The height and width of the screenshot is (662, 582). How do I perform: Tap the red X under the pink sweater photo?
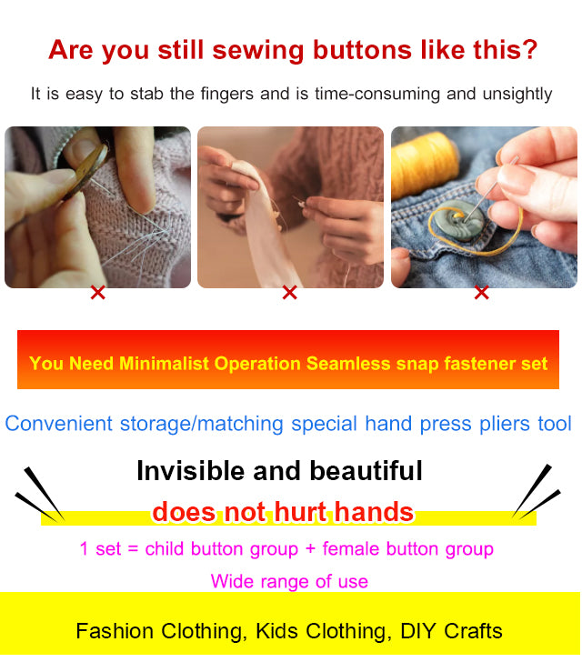point(97,293)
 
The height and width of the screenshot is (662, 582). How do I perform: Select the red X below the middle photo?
point(289,293)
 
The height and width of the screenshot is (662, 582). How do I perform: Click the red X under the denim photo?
point(481,293)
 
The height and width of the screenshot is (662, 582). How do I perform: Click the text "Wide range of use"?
point(289,581)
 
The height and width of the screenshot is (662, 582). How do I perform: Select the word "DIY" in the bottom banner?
point(414,631)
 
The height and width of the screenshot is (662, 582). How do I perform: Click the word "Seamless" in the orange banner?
point(346,364)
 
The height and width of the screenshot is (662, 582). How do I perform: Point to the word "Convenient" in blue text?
point(59,424)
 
